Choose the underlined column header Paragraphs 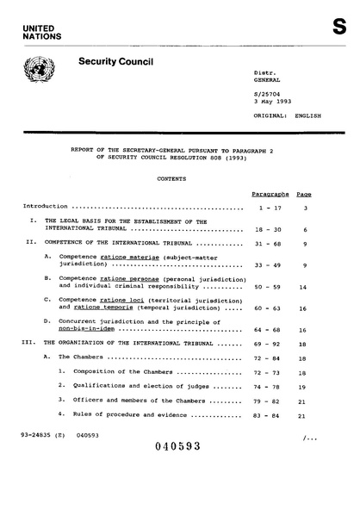pyautogui.click(x=270, y=196)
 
